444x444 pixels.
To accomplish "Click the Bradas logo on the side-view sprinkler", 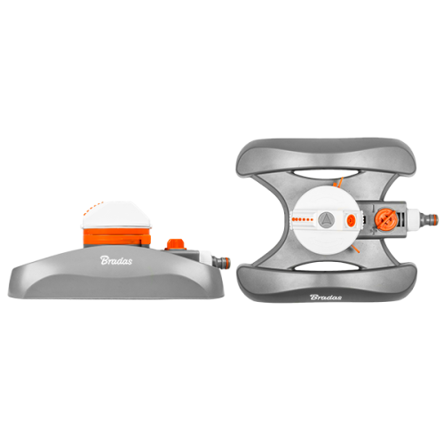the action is click(116, 260).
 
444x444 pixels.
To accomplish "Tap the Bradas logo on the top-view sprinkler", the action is click(326, 297).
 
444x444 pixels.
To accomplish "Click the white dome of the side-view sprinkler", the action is click(116, 215).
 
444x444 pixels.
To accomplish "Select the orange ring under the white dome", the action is click(116, 236).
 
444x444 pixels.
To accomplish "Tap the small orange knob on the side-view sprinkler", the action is click(176, 244).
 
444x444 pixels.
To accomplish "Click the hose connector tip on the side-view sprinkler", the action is click(224, 262).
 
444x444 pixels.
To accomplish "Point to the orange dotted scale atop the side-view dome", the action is click(91, 208).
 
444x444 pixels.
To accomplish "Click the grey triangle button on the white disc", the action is click(326, 219).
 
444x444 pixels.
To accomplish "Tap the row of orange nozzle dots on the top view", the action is click(302, 219).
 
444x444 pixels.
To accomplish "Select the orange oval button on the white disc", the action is click(352, 219).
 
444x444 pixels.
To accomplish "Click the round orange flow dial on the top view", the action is click(386, 219).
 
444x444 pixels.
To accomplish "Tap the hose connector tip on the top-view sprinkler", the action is click(432, 219).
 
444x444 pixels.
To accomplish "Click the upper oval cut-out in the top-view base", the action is click(326, 174).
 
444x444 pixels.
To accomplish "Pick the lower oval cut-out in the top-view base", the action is click(326, 266).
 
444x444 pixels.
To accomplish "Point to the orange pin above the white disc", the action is click(340, 182).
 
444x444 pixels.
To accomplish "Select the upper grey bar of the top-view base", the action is click(326, 155).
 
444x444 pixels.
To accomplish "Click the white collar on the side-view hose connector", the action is click(206, 259).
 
